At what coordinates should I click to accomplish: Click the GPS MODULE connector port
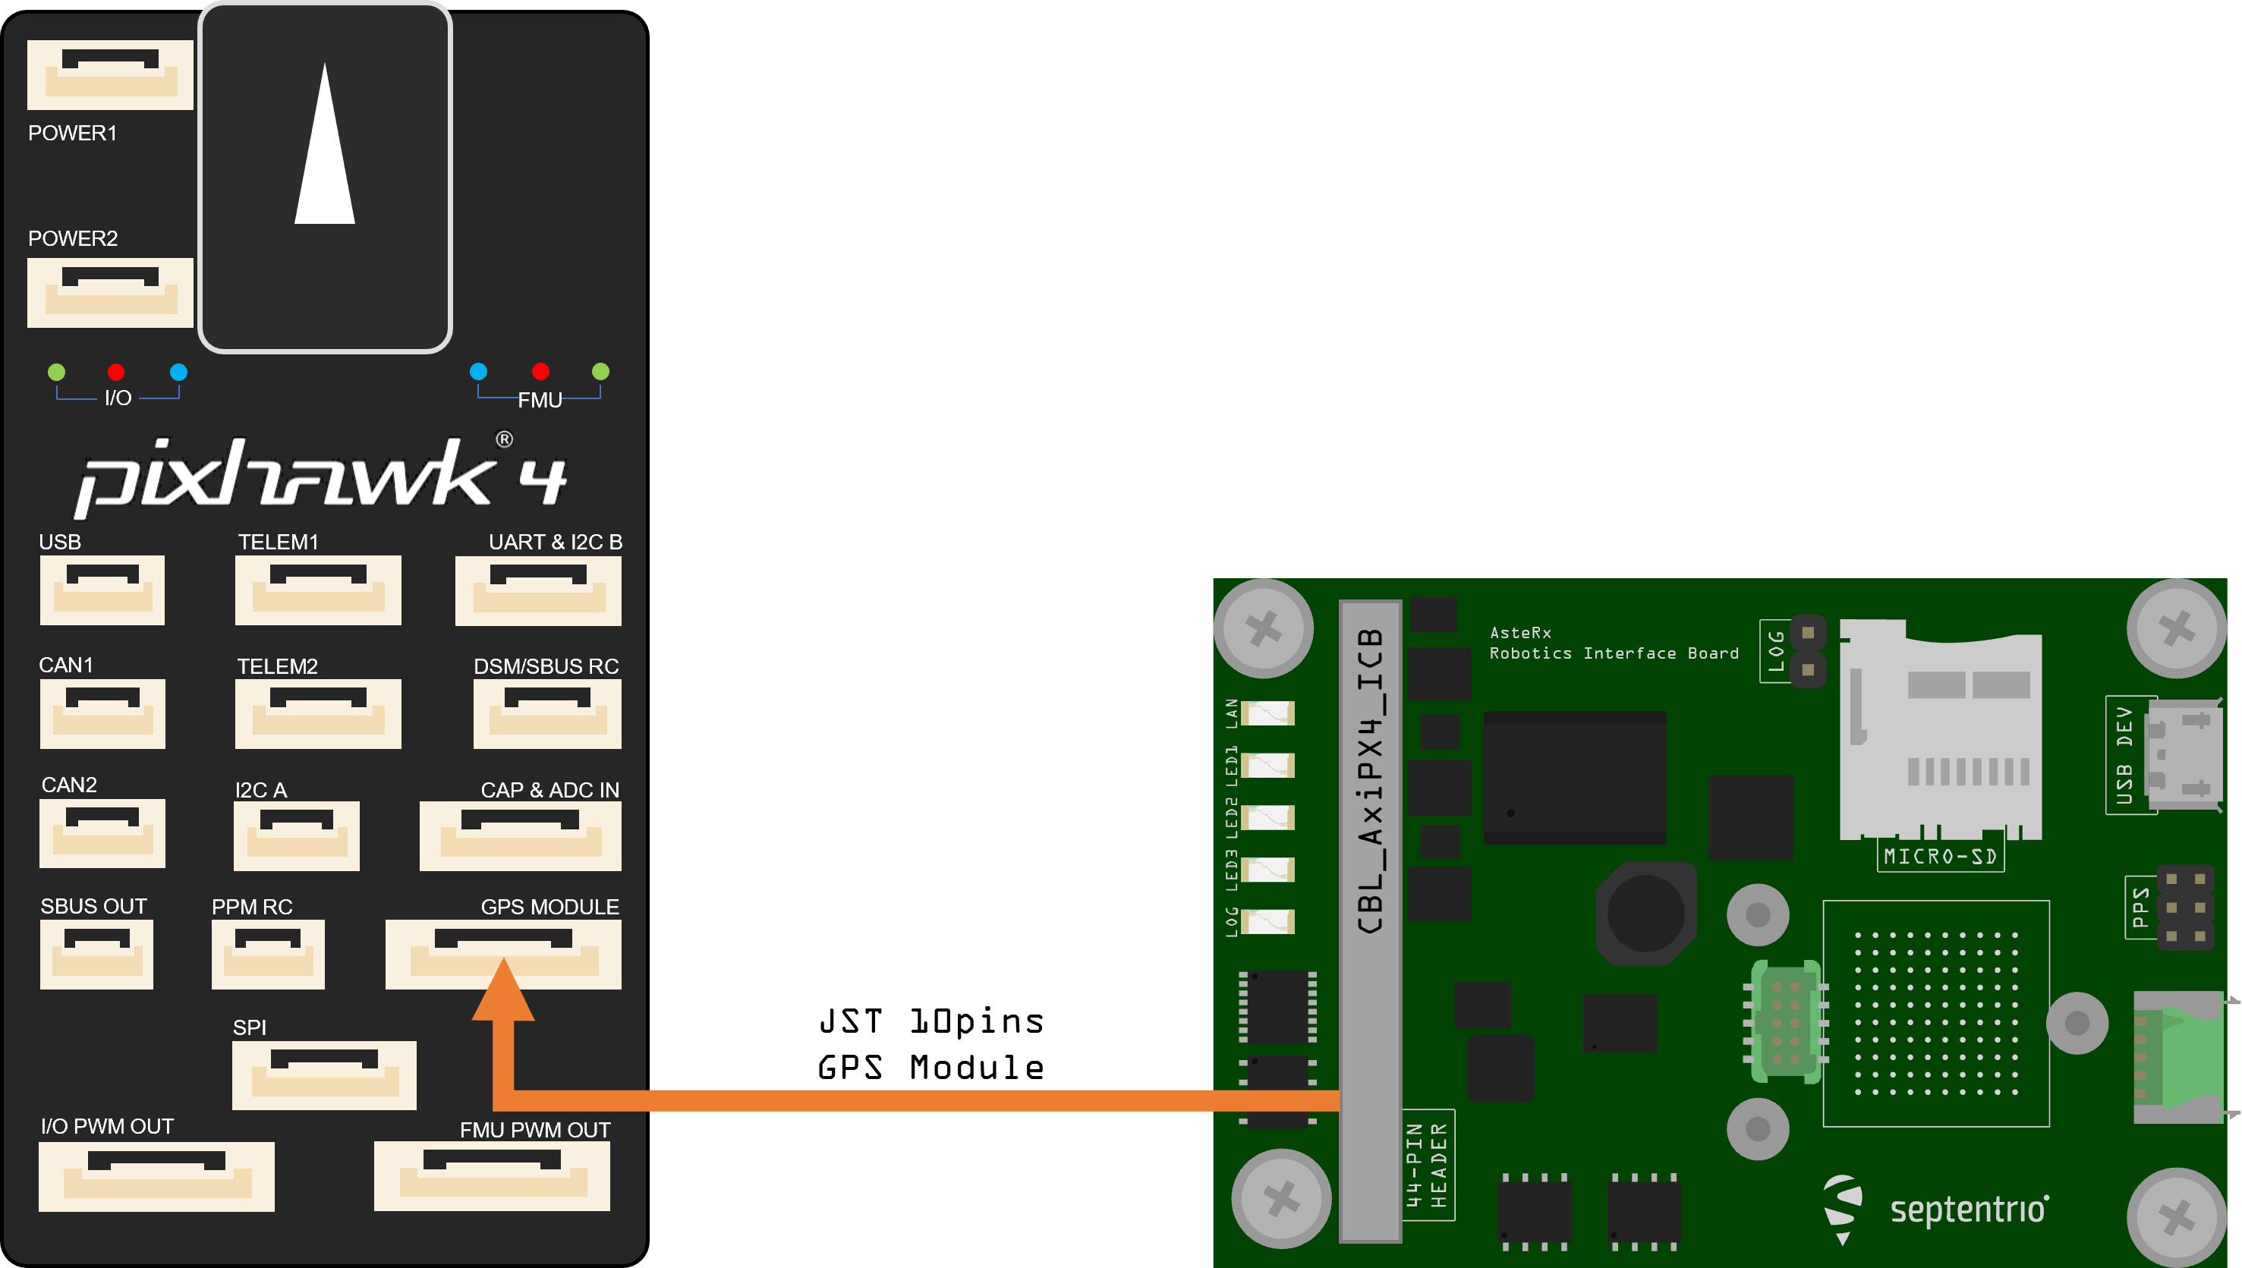(503, 955)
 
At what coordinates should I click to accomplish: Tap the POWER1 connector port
(110, 74)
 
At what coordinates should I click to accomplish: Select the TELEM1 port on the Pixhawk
(318, 590)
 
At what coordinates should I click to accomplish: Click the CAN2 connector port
(102, 832)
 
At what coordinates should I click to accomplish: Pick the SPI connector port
(324, 1074)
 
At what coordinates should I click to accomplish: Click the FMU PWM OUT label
(535, 1130)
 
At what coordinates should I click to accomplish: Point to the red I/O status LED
(116, 372)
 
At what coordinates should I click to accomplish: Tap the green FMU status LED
(600, 371)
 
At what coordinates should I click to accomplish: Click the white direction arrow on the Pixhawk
(325, 153)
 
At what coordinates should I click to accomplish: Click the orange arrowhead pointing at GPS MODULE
(503, 993)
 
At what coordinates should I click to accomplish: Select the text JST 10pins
(930, 1021)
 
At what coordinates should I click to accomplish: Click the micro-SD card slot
(1941, 732)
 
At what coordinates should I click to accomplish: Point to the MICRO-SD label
(1940, 856)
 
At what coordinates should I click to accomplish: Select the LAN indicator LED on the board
(1267, 713)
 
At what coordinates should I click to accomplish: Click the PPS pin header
(2185, 908)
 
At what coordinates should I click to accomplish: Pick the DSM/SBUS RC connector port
(547, 713)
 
